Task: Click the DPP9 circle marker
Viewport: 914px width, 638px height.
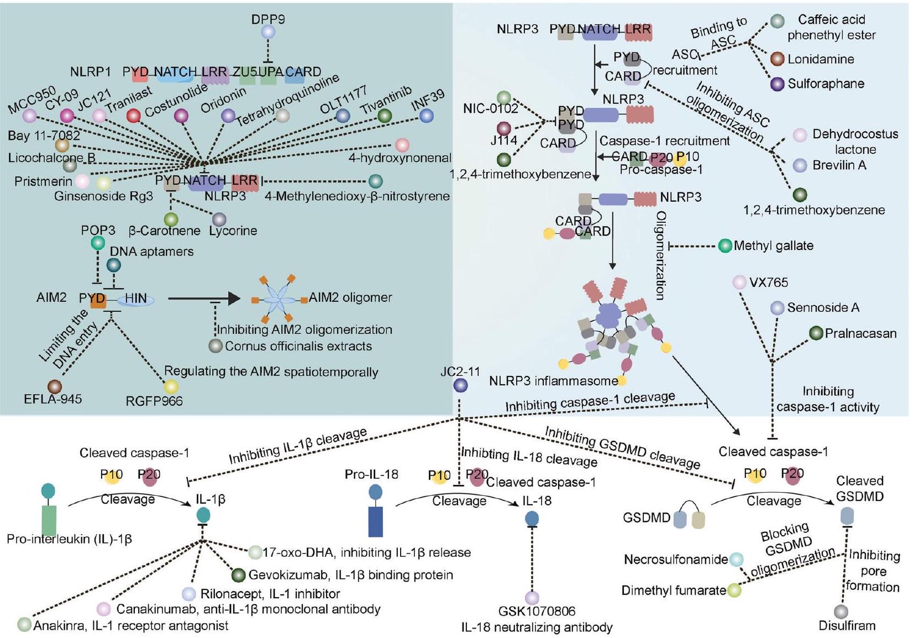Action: [x=268, y=32]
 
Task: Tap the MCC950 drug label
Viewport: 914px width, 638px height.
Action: [x=31, y=100]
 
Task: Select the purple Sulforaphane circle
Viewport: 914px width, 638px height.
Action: [x=777, y=84]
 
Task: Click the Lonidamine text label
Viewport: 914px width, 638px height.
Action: [x=821, y=59]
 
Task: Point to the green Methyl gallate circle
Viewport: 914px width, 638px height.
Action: [x=725, y=246]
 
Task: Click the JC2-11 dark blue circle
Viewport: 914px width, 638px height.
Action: [x=460, y=385]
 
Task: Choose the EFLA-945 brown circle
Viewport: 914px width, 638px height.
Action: [x=54, y=386]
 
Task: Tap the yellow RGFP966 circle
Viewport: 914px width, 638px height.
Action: [x=171, y=386]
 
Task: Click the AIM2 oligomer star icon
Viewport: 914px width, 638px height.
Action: [x=279, y=299]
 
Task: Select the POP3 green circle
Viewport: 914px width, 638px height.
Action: [x=98, y=242]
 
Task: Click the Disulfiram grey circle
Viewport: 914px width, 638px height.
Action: [x=841, y=611]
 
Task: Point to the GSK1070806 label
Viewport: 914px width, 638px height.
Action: [x=537, y=611]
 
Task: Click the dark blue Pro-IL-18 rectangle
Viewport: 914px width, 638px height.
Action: [x=375, y=521]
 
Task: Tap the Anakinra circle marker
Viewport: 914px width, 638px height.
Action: [x=24, y=625]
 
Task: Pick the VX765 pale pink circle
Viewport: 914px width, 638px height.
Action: [x=739, y=283]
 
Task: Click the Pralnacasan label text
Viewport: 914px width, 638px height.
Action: [x=860, y=333]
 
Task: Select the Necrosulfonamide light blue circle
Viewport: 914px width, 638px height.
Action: [x=736, y=559]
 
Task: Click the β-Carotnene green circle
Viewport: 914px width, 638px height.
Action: [x=171, y=219]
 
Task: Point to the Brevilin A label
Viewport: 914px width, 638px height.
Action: [x=839, y=165]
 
